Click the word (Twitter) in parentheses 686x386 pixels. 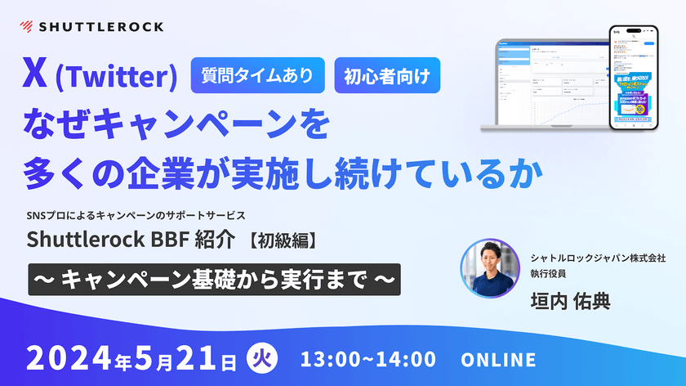115,78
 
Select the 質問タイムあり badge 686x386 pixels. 257,76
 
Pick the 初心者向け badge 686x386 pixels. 387,76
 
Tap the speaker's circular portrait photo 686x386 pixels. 490,268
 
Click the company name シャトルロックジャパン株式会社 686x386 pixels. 597,255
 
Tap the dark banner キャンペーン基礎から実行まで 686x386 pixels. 214,278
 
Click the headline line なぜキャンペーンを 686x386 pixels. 176,127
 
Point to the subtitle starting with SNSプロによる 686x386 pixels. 136,216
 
